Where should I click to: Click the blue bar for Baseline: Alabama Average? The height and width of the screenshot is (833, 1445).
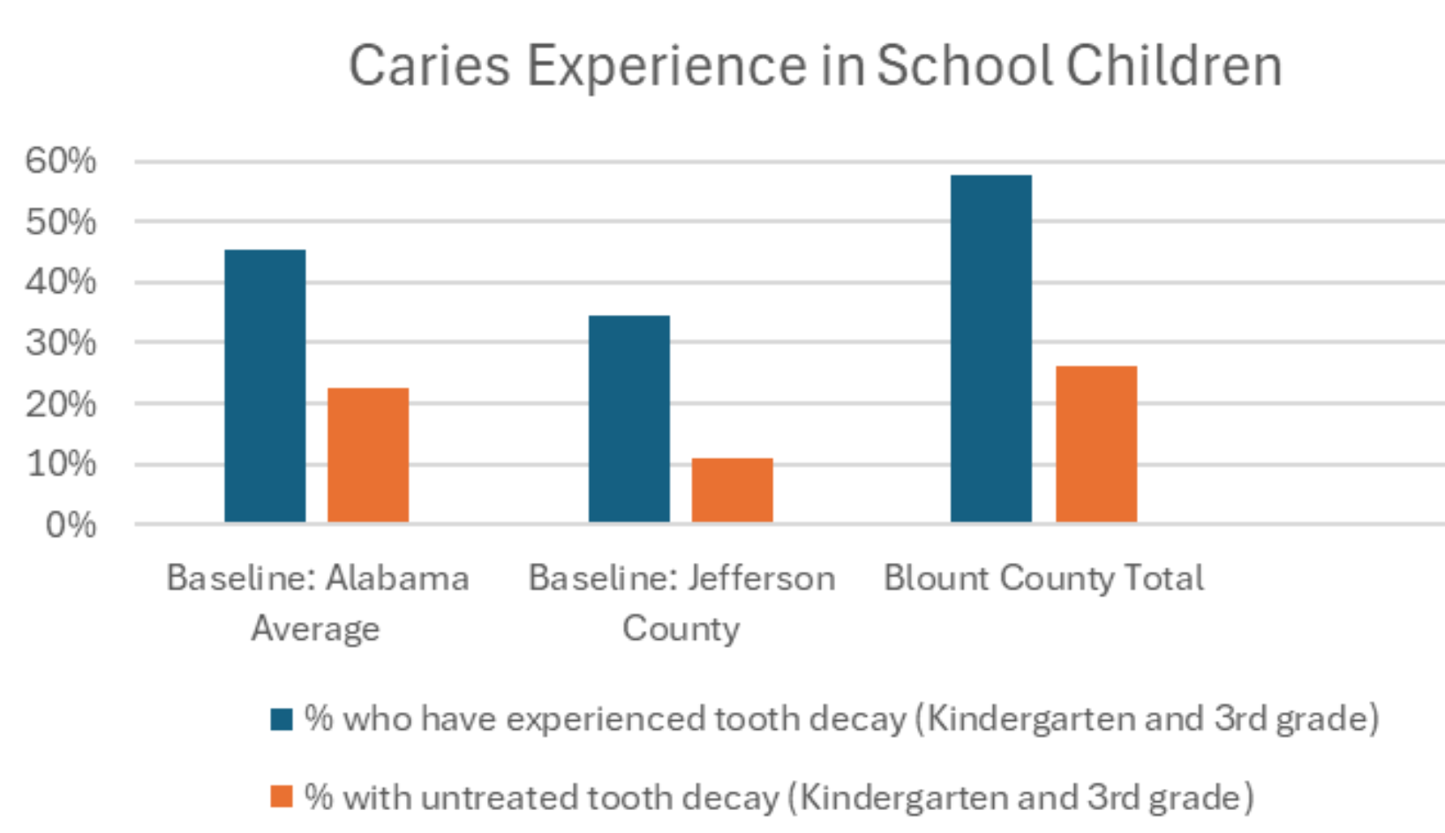(x=265, y=386)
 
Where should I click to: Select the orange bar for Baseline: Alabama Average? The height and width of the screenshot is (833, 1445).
(x=368, y=454)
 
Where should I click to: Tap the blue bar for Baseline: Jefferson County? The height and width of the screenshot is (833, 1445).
(x=628, y=418)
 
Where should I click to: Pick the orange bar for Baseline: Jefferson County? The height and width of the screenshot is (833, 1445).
(x=732, y=490)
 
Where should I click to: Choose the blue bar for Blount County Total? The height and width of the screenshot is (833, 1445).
(x=990, y=349)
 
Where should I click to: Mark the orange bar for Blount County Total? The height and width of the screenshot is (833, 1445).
(x=1095, y=444)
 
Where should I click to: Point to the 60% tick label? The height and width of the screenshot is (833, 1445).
(x=60, y=161)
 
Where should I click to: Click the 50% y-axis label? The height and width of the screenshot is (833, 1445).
(x=60, y=221)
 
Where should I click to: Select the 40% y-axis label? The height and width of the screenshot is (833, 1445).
(x=60, y=282)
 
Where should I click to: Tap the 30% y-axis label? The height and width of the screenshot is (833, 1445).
(x=60, y=342)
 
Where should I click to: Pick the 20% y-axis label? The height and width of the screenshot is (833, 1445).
(x=60, y=403)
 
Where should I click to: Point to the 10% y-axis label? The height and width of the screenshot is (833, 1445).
(x=60, y=464)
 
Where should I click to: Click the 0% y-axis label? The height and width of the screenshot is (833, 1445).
(x=70, y=525)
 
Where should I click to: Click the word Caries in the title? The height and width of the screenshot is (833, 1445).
(x=429, y=66)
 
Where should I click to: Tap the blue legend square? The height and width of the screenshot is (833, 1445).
(x=282, y=719)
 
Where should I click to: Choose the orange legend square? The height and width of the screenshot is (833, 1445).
(x=282, y=797)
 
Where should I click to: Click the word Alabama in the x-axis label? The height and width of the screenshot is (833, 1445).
(x=397, y=579)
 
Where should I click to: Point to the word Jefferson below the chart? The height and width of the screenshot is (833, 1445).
(x=761, y=579)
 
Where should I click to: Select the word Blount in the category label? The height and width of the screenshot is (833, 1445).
(x=937, y=579)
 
